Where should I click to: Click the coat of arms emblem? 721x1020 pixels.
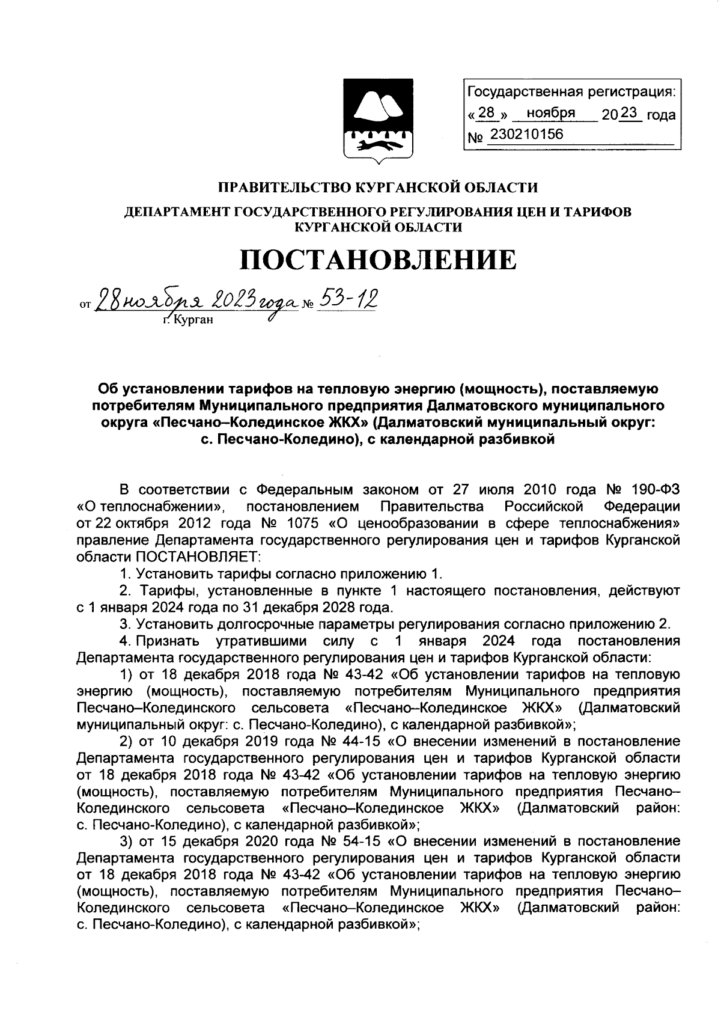[x=377, y=121]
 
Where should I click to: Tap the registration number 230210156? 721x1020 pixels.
[x=527, y=134]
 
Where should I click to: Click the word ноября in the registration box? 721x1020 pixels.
[x=550, y=113]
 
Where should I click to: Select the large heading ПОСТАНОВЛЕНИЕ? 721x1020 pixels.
[x=378, y=260]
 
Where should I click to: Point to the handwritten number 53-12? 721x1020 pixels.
[x=348, y=299]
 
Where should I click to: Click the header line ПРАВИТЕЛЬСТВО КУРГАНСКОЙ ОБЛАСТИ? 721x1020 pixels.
[x=377, y=188]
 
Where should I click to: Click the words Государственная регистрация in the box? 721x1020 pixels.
[x=570, y=92]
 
